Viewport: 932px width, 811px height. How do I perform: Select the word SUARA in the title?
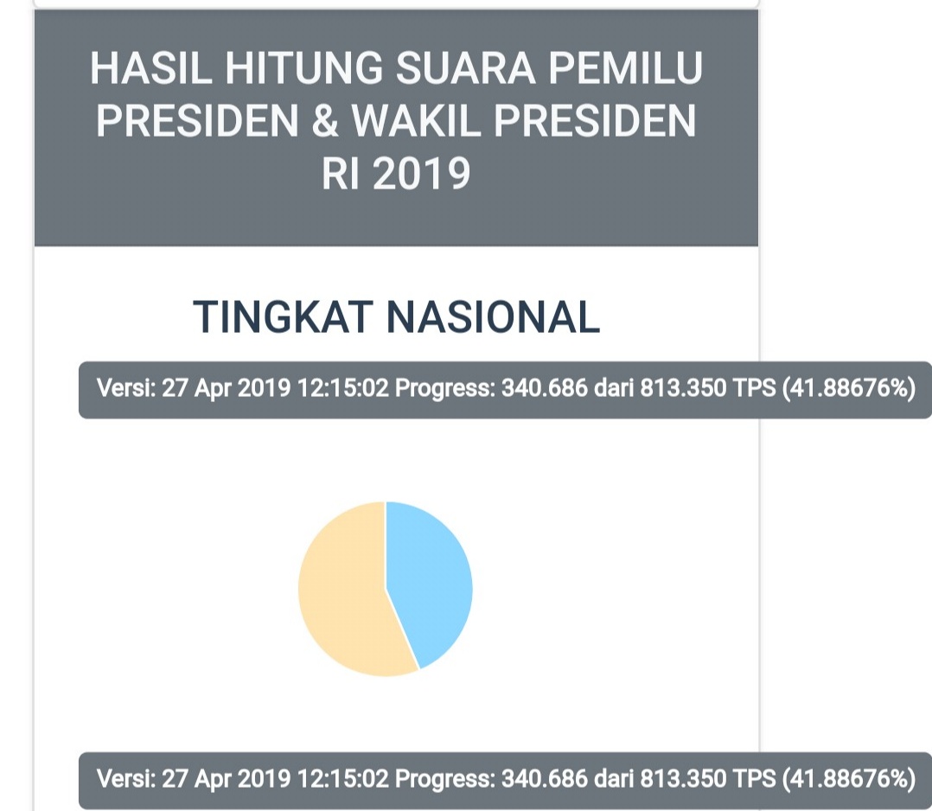(465, 67)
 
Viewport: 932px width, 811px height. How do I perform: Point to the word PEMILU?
(626, 67)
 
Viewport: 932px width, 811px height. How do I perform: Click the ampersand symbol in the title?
(324, 121)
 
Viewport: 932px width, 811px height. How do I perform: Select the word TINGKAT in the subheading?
(283, 317)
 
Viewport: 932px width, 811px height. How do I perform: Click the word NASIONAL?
(493, 317)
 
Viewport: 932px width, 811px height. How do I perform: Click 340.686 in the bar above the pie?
(545, 388)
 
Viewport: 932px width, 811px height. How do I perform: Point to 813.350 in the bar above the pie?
(683, 388)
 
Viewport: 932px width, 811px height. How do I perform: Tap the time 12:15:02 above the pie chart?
(342, 388)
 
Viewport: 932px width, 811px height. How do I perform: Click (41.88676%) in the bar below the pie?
(849, 778)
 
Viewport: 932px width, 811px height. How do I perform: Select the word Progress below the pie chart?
(444, 779)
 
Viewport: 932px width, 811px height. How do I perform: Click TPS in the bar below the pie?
(754, 778)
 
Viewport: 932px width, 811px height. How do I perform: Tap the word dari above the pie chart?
(614, 388)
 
